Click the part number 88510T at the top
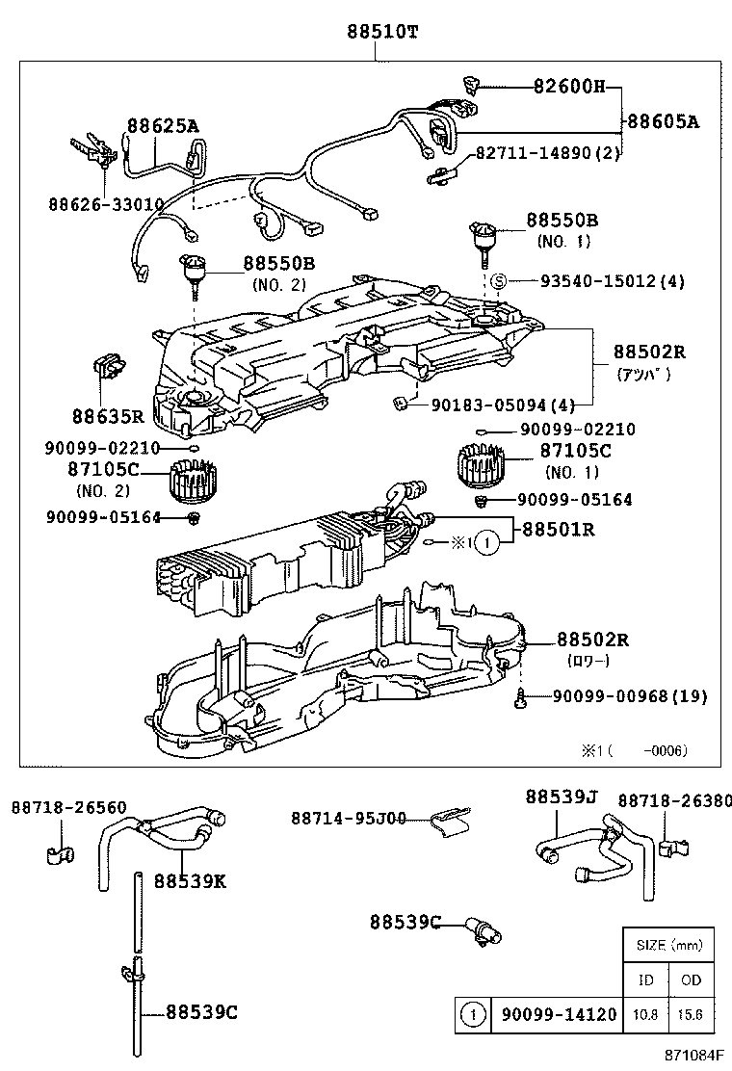point(382,31)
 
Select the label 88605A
point(664,121)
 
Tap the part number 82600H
point(569,87)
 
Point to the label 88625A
point(163,125)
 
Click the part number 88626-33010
point(105,203)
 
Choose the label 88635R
point(108,416)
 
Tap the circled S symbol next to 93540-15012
point(499,281)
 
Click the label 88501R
point(558,529)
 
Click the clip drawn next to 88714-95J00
point(450,820)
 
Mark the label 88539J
point(562,797)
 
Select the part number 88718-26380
point(673,799)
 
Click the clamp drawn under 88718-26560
point(60,853)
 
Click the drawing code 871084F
point(692,1058)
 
